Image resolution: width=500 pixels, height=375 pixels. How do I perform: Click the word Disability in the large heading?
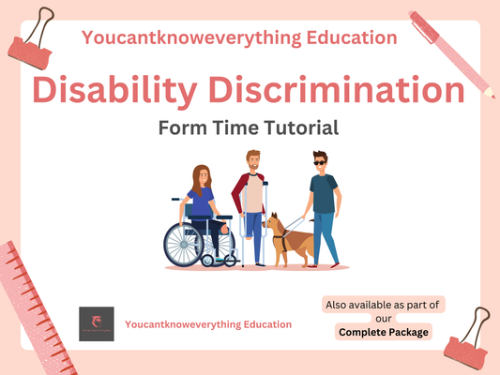(117, 91)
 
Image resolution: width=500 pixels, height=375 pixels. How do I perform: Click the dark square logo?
(96, 324)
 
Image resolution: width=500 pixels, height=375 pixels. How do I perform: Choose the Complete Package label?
(383, 332)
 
